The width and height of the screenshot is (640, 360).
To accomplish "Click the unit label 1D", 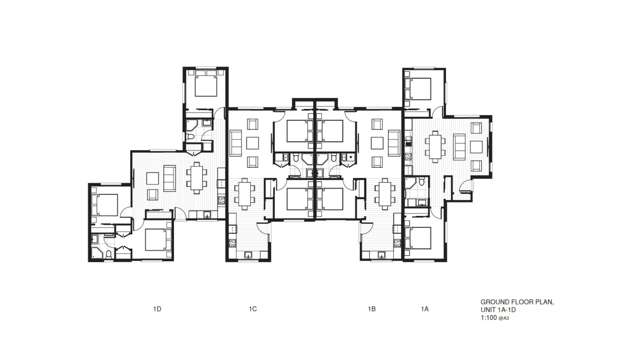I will click(x=157, y=310).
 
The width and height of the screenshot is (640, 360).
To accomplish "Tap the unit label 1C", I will click(x=253, y=310).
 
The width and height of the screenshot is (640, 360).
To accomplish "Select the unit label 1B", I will click(x=371, y=310).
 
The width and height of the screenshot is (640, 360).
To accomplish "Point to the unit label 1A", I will click(x=425, y=310).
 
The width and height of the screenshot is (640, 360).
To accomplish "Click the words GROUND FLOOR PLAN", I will click(x=516, y=302).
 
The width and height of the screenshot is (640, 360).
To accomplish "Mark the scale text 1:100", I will click(x=489, y=318).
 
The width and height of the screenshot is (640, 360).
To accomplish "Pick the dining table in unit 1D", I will click(x=195, y=178).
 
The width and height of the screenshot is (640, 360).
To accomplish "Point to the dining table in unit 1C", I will click(x=245, y=190).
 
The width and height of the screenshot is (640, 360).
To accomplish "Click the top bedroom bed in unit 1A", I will click(x=418, y=84).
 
